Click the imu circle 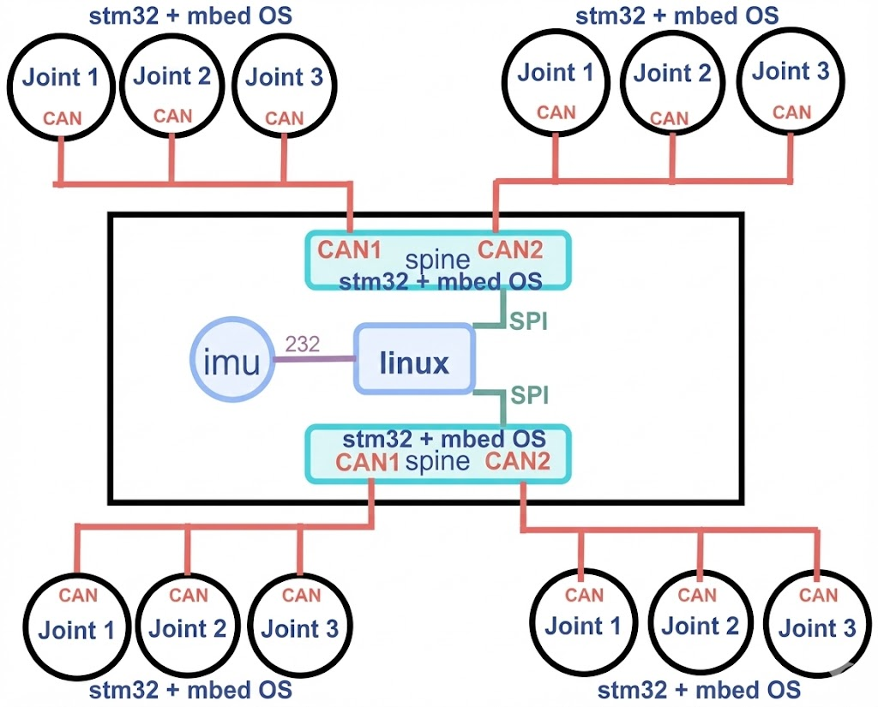232,362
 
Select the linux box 414,362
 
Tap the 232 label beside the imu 302,345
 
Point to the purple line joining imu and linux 313,360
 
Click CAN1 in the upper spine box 349,250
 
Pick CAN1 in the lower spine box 368,463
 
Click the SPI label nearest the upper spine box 529,322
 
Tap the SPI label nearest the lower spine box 530,395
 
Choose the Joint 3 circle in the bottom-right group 817,626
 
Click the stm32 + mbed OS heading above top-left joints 190,15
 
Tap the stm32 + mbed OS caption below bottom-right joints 699,689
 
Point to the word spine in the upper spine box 438,260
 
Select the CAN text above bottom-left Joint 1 78,594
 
